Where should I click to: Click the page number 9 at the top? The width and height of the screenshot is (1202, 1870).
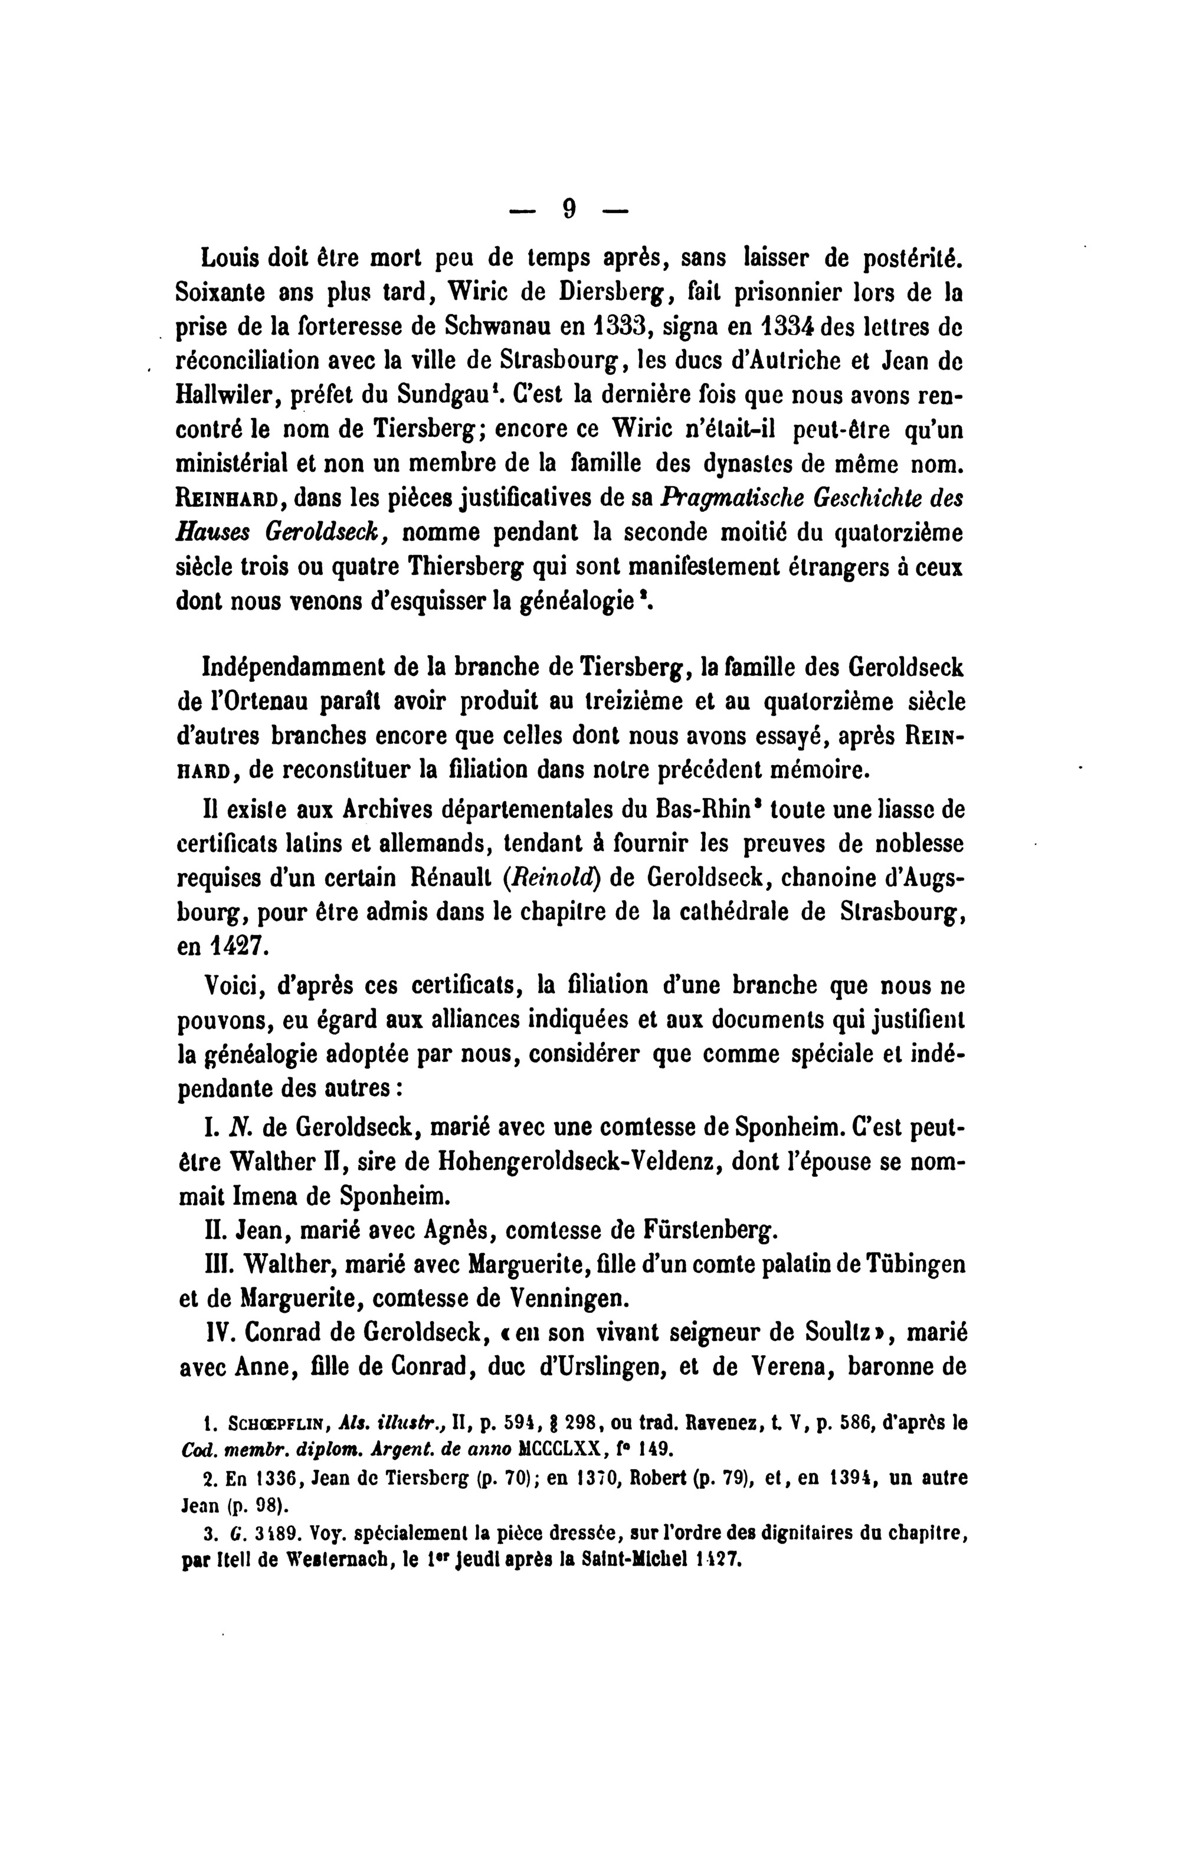(x=569, y=208)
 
